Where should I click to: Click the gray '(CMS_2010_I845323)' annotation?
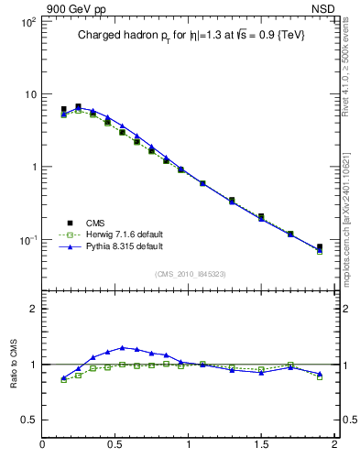pos(190,273)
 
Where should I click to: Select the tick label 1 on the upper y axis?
pos(32,168)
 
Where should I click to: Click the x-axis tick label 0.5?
pos(115,445)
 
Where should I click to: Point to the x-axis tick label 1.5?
pos(261,445)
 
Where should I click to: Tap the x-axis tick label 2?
pos(333,445)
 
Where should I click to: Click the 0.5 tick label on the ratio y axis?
pos(27,420)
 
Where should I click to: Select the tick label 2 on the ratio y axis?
pos(32,309)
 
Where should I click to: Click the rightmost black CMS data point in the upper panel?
pos(320,246)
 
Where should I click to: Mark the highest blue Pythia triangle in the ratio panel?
pos(123,348)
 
